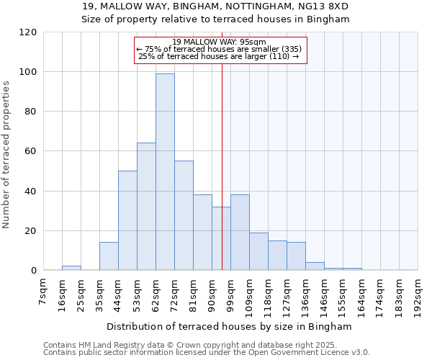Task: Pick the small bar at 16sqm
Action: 71,268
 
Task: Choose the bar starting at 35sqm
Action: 109,256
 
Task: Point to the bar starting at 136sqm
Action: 315,266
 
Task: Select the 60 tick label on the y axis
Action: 30,151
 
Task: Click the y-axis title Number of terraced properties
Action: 7,155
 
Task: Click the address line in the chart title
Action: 215,6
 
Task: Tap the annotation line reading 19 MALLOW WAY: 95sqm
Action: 220,42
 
